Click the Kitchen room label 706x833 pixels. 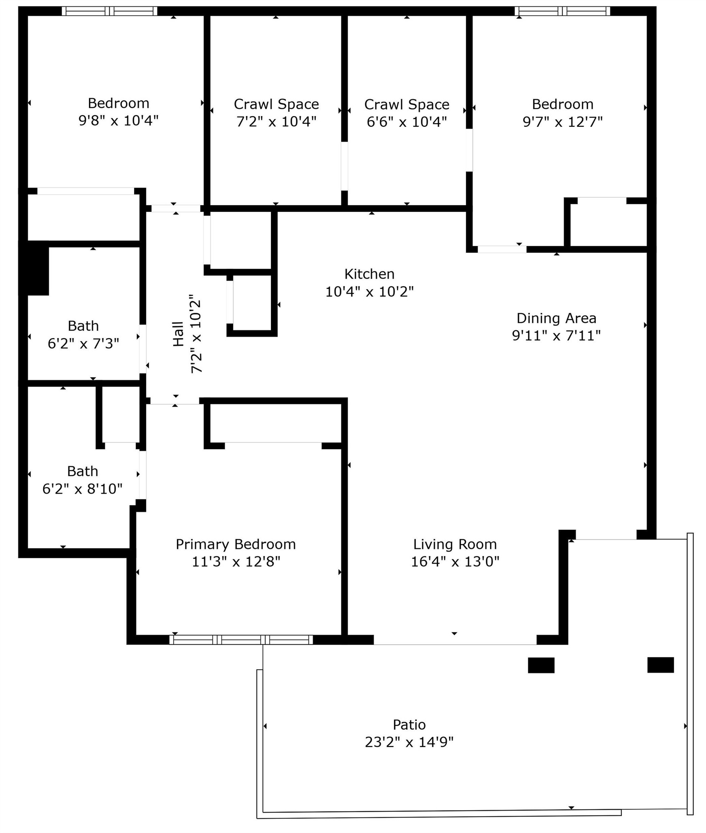point(369,274)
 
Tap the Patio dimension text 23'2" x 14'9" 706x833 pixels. point(409,742)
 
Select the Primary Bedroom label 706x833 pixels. point(235,544)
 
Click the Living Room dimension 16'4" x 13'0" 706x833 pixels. point(455,561)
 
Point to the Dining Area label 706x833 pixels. point(556,319)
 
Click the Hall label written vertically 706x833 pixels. point(178,334)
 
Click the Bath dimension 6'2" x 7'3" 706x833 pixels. point(83,343)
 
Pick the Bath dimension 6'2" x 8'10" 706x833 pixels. point(82,488)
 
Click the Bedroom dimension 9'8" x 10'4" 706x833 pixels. point(119,120)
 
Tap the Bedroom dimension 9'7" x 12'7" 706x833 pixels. point(562,121)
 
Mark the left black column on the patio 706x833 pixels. point(541,665)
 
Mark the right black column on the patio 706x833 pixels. point(660,665)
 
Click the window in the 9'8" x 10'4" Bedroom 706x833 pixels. point(109,11)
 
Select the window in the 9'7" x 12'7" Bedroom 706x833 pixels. point(562,11)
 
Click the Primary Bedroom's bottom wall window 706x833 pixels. point(241,640)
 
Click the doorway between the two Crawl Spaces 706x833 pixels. point(344,166)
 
